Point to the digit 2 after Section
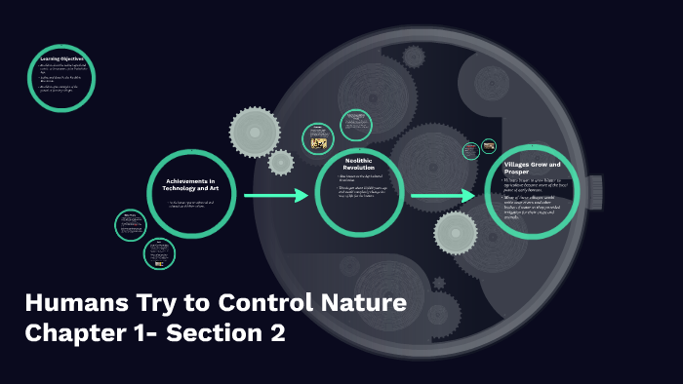(276, 333)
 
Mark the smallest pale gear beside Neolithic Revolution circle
(281, 162)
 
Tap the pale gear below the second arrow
(456, 233)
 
